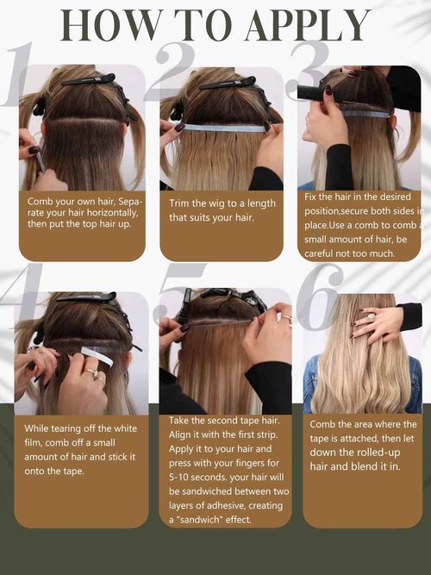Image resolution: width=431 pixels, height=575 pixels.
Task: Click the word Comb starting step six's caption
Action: [x=324, y=424]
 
